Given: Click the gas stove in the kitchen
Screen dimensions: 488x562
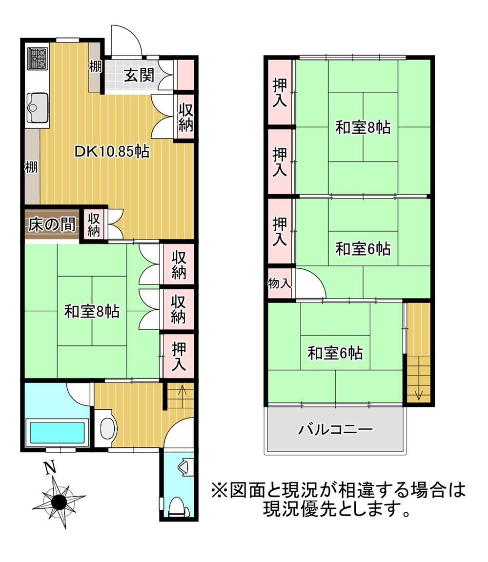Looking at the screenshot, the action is pyautogui.click(x=38, y=59).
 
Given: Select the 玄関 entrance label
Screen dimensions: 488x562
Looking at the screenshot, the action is pyautogui.click(x=139, y=75).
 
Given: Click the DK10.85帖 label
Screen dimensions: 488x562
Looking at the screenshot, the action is pyautogui.click(x=112, y=152).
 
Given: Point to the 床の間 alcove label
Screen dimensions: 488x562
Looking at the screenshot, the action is pyautogui.click(x=52, y=225).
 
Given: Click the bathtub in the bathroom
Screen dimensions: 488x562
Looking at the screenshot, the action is pyautogui.click(x=57, y=432).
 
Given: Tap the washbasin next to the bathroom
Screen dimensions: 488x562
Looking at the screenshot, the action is pyautogui.click(x=107, y=428).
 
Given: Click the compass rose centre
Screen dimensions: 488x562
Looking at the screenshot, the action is pyautogui.click(x=59, y=501).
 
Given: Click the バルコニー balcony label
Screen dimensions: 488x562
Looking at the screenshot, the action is pyautogui.click(x=336, y=429).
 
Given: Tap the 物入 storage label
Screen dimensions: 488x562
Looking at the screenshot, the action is pyautogui.click(x=280, y=283).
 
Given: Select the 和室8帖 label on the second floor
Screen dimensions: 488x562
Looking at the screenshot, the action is pyautogui.click(x=363, y=127).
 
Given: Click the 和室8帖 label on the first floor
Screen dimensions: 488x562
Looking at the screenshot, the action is pyautogui.click(x=92, y=311).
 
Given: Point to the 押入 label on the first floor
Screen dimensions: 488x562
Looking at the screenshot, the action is pyautogui.click(x=179, y=356).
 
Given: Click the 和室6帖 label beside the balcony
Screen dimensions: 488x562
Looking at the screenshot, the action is pyautogui.click(x=335, y=353).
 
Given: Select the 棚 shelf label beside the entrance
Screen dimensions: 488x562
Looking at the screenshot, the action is pyautogui.click(x=95, y=67).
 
